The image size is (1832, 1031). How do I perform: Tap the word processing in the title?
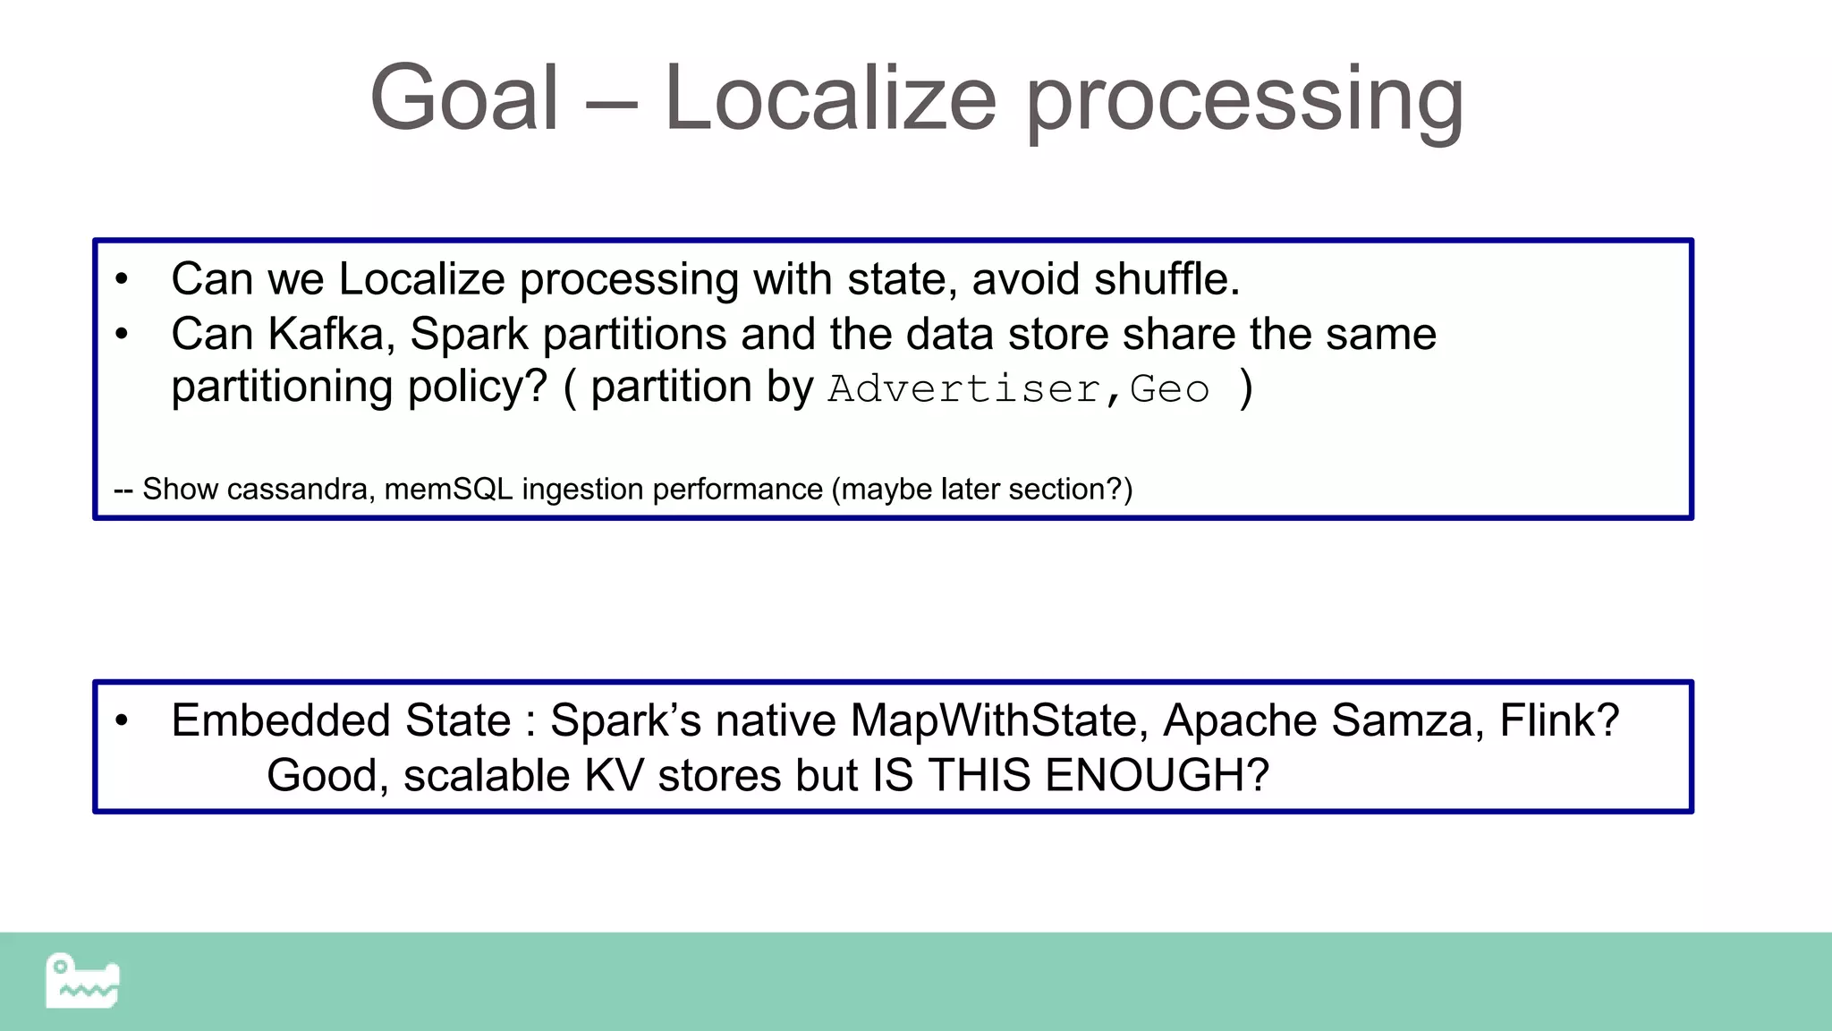[1243, 100]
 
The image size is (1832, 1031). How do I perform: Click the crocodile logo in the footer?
[82, 981]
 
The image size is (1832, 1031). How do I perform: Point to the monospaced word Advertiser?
[964, 389]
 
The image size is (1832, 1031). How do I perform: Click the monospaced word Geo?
[1169, 389]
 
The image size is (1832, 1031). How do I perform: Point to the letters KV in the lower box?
[614, 775]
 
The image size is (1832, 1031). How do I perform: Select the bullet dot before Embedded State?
[123, 720]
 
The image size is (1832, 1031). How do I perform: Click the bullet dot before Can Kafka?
[123, 335]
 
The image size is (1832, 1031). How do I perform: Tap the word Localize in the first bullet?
[421, 278]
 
